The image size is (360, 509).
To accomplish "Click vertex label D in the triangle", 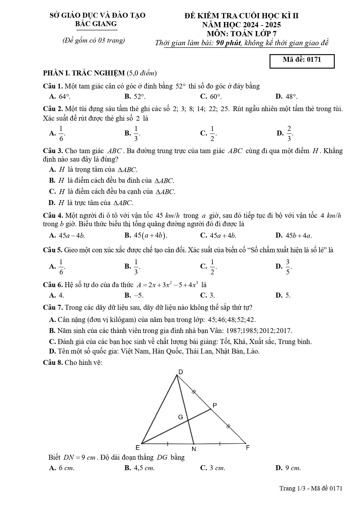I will pyautogui.click(x=180, y=372).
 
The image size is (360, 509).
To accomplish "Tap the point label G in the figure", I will pyautogui.click(x=180, y=417).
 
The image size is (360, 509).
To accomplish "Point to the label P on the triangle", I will pyautogui.click(x=215, y=405).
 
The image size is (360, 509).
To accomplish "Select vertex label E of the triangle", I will pyautogui.click(x=138, y=448).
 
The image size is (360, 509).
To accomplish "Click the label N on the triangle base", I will pyautogui.click(x=194, y=449).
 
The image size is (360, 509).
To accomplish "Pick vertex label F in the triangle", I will pyautogui.click(x=247, y=448).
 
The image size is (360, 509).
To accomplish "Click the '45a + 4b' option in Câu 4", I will pyautogui.click(x=219, y=236).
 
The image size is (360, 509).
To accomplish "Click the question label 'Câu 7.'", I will pyautogui.click(x=53, y=307).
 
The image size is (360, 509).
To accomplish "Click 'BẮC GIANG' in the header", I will pyautogui.click(x=96, y=24).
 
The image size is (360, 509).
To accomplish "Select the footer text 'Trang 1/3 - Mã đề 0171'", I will pyautogui.click(x=311, y=488).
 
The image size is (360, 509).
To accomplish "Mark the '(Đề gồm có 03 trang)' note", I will pyautogui.click(x=94, y=41).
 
